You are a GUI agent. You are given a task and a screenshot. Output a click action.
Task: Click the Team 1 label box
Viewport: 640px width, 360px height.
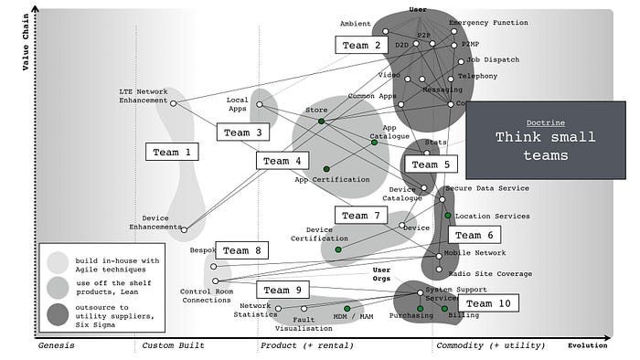pos(173,152)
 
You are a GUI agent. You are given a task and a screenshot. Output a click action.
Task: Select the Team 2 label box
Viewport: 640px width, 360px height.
pos(362,45)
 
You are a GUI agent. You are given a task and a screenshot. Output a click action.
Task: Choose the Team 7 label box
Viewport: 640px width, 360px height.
pos(362,215)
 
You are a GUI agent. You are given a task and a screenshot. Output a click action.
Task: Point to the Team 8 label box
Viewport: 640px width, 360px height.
pos(242,249)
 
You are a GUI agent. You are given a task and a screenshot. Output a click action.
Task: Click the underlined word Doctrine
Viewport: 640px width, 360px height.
pos(545,122)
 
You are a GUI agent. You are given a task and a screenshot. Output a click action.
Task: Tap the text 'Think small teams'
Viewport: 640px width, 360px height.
pos(545,146)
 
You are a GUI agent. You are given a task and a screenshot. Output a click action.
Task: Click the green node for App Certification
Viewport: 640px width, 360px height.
pos(326,168)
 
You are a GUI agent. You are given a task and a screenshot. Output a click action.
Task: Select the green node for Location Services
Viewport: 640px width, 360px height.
pos(448,216)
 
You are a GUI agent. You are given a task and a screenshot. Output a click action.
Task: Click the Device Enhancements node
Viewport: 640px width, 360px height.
pos(184,228)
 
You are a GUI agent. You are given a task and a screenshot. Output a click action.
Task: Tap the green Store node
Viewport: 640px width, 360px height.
pos(321,121)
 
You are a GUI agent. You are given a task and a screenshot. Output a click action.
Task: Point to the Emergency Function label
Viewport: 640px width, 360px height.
pos(488,22)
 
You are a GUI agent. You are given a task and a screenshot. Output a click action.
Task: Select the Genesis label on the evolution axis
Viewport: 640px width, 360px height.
pos(55,346)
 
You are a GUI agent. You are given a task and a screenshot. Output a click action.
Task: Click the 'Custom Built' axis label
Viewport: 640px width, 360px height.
pos(173,346)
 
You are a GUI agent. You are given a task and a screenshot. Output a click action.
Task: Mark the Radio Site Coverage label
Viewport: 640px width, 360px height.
pos(489,273)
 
